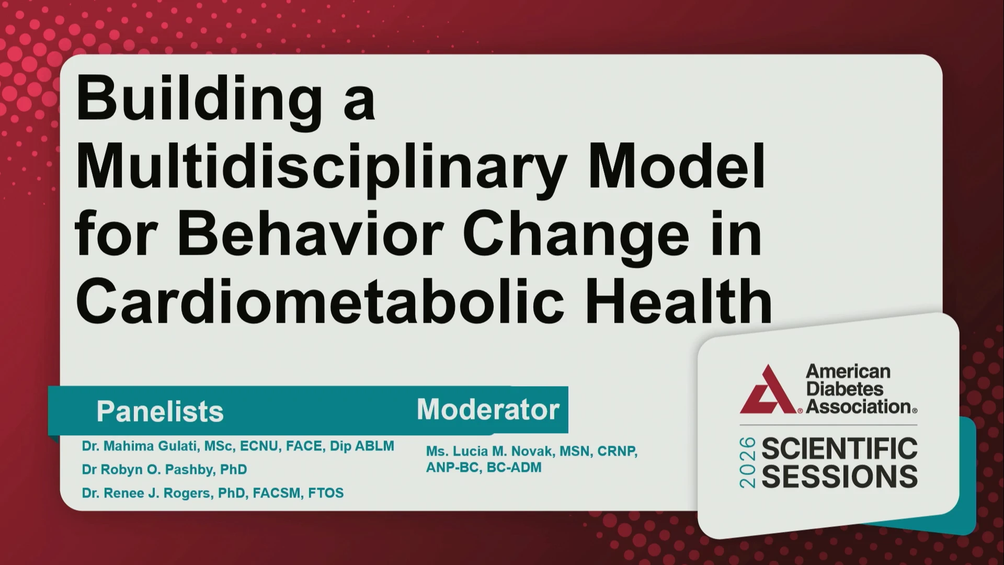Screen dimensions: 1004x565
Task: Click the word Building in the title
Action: point(199,101)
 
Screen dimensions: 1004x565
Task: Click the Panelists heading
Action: point(160,412)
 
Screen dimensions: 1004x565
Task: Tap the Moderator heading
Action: point(488,409)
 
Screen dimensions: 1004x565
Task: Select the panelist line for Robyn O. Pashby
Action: point(164,469)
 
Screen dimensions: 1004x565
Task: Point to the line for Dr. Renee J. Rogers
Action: point(213,493)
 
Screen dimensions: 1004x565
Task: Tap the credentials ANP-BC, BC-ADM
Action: point(484,468)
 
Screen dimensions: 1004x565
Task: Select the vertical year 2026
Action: point(748,463)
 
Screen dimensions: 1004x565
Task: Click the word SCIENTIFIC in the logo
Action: point(840,449)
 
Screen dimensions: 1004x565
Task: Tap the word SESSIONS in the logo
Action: point(840,477)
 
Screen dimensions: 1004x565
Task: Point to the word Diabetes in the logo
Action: point(845,389)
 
